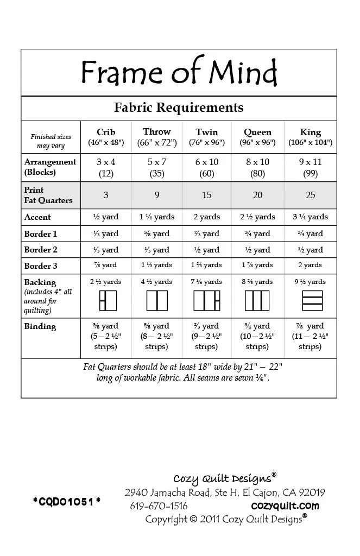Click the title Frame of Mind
179,72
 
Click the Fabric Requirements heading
179,107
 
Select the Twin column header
206,137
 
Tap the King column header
310,137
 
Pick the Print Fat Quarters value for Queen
257,195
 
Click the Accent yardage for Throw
157,217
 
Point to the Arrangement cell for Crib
106,167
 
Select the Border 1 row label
41,233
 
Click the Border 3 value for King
310,266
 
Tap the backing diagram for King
310,300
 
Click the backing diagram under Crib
106,300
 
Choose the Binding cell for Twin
206,336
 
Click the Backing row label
40,282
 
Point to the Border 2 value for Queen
257,250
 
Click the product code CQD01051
67,501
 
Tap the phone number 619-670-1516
159,506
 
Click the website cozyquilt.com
285,506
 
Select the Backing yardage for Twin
206,282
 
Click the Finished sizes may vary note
50,141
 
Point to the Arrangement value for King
310,167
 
